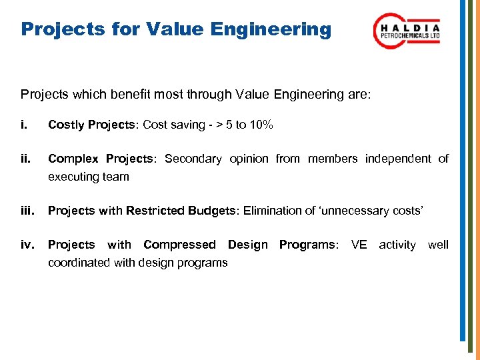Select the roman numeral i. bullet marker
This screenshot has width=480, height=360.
click(25, 125)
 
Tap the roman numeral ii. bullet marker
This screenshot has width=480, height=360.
click(26, 159)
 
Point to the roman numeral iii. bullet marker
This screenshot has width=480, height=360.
click(28, 211)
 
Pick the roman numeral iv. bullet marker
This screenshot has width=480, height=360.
click(27, 245)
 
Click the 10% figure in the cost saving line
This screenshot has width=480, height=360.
click(259, 125)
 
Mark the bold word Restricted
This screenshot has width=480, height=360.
click(157, 211)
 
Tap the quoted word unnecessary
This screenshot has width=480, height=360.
click(359, 211)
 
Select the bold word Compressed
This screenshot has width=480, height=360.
click(179, 245)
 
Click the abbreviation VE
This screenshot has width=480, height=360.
click(359, 245)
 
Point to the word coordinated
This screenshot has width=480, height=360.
click(79, 263)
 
